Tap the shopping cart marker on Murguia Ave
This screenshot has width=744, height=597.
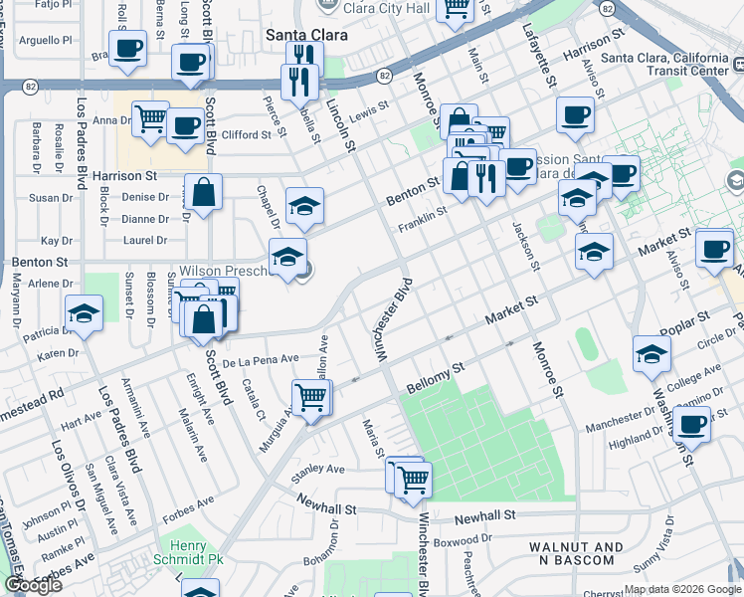pyautogui.click(x=311, y=396)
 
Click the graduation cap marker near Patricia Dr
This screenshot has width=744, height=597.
pyautogui.click(x=85, y=312)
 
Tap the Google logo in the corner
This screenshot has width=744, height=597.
pyautogui.click(x=33, y=585)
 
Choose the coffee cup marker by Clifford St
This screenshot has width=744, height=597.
pyautogui.click(x=185, y=124)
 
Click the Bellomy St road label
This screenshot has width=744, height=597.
pyautogui.click(x=437, y=377)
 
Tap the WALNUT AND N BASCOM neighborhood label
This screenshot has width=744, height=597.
pyautogui.click(x=576, y=554)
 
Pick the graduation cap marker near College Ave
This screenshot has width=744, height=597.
pyautogui.click(x=651, y=353)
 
